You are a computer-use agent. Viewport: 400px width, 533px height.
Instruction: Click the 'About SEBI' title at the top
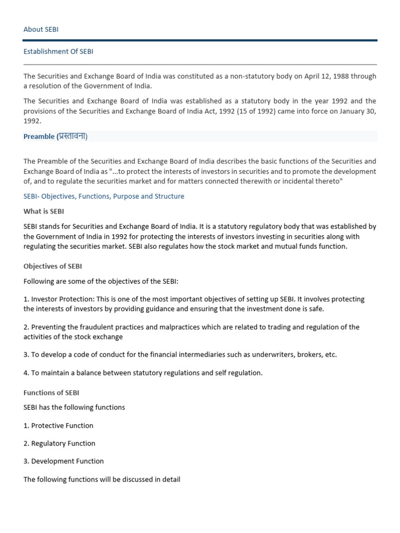[x=41, y=29]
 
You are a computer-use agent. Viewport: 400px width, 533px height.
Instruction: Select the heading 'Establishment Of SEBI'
[x=58, y=52]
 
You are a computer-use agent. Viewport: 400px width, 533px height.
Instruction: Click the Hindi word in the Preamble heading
[x=72, y=136]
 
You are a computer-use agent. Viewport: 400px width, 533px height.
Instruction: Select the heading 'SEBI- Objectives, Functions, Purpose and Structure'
[x=104, y=196]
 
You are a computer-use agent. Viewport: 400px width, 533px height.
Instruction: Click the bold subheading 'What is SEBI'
[x=44, y=211]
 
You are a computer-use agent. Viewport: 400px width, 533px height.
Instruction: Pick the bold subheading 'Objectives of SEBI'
[x=53, y=266]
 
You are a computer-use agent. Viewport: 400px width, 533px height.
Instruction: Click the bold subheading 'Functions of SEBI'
[x=51, y=392]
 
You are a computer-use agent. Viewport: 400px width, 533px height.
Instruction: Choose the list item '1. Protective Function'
[x=58, y=425]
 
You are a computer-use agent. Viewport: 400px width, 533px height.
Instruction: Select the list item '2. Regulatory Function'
[x=59, y=443]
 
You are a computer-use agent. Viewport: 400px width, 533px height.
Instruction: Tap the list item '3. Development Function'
[x=64, y=461]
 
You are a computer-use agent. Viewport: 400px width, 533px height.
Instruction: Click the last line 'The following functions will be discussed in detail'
[x=102, y=479]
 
